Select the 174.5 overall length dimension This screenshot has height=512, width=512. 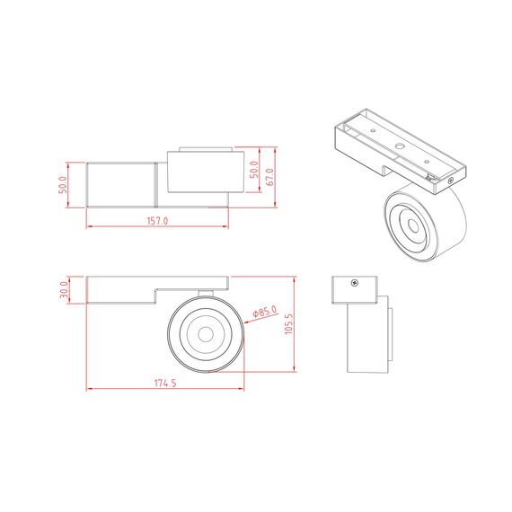pos(164,383)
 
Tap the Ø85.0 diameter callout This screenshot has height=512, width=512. pos(265,311)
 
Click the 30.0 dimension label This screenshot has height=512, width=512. pos(65,290)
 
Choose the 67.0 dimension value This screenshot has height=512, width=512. pos(269,175)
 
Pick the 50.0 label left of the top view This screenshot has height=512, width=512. pos(64,185)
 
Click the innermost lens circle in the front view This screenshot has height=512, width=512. pos(205,335)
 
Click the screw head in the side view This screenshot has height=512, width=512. pos(356,283)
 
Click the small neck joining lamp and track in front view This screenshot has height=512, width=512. pos(206,293)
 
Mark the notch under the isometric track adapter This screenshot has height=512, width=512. pos(388,169)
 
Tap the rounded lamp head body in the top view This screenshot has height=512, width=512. pos(205,172)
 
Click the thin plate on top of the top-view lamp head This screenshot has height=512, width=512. pos(206,147)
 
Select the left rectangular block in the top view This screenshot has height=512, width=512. pos(121,184)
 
